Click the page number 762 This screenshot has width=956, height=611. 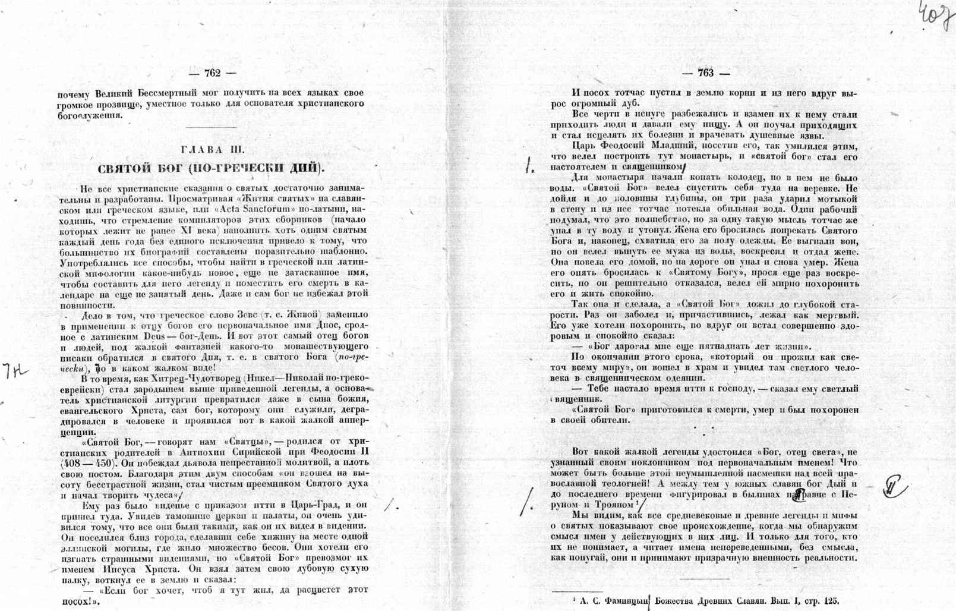click(212, 73)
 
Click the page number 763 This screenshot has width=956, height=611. click(706, 73)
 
